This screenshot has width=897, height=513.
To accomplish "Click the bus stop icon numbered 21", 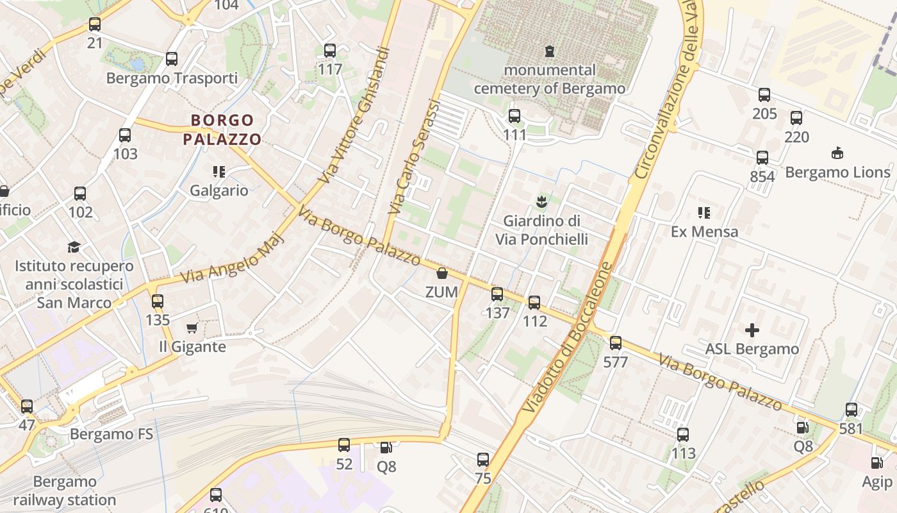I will [x=95, y=25].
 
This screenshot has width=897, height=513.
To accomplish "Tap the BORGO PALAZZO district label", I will [x=222, y=130].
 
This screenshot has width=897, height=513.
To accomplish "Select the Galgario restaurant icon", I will [x=219, y=172].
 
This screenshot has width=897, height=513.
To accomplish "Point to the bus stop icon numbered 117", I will [x=330, y=51].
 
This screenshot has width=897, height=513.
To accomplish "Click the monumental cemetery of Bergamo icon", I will [x=549, y=51].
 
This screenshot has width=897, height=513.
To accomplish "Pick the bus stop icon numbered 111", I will [x=514, y=116].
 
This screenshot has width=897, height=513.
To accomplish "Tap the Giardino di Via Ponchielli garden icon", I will [x=541, y=202].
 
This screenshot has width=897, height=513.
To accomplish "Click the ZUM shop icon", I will [x=441, y=274].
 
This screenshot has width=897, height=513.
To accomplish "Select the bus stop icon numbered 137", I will [x=497, y=294].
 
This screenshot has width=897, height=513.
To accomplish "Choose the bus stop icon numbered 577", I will [x=616, y=343].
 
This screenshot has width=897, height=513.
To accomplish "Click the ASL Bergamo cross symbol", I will [x=752, y=330].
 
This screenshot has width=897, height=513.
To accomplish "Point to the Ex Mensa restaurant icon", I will [x=704, y=212].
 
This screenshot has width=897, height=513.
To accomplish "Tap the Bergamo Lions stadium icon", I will [x=837, y=153].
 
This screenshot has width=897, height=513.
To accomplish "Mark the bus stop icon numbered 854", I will [x=762, y=158].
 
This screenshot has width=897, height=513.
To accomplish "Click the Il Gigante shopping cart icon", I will [x=192, y=328].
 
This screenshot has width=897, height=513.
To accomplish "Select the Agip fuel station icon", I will [x=876, y=463].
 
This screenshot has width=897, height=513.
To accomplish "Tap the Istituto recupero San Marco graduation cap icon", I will [x=74, y=248].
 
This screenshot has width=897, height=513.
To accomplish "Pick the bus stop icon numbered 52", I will [x=344, y=444].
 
